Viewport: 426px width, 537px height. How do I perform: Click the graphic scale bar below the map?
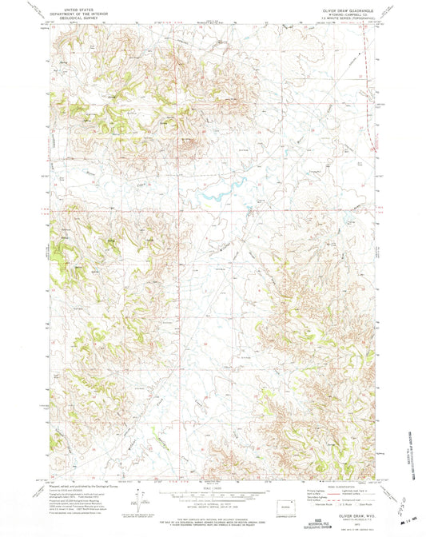pyautogui.click(x=212, y=495)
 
